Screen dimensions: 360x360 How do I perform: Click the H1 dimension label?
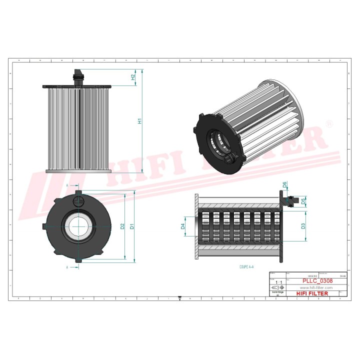click(x=140, y=120)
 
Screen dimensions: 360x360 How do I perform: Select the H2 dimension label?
click(x=133, y=77)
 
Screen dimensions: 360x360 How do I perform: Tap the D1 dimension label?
click(x=132, y=226)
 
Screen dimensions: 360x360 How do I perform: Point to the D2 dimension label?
click(x=122, y=226)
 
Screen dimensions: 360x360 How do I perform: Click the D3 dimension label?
click(x=303, y=226)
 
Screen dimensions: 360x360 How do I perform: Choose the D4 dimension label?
click(x=183, y=226)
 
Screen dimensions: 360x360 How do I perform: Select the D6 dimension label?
click(x=284, y=185)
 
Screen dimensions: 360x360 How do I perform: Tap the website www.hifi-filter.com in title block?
click(x=316, y=288)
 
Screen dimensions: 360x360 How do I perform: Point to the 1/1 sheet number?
click(x=278, y=282)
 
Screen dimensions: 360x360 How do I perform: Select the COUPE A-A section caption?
click(x=246, y=267)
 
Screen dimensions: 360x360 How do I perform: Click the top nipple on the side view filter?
click(x=77, y=76)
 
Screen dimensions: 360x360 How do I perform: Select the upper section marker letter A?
click(x=67, y=185)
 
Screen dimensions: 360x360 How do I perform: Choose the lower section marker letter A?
click(x=67, y=267)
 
